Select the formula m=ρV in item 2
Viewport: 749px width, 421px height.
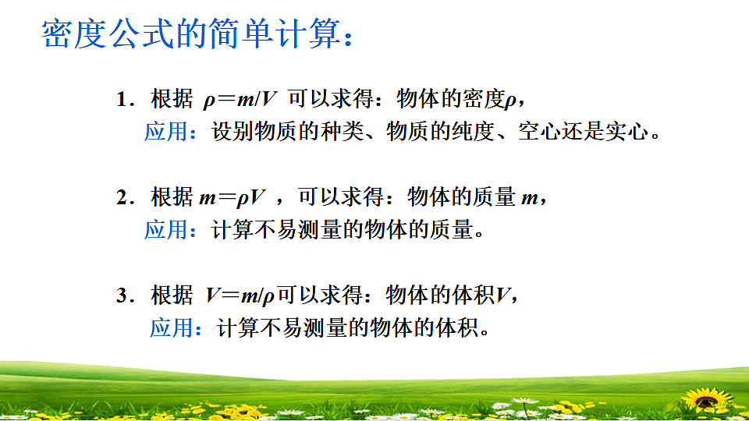point(233,198)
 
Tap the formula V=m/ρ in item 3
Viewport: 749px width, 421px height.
point(241,296)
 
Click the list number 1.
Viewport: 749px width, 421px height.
point(122,100)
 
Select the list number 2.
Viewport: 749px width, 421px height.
point(122,198)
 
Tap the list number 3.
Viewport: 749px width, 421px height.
point(122,296)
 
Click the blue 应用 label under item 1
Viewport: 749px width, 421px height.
point(165,131)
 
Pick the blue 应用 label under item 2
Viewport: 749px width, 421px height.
point(165,230)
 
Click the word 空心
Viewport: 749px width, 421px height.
point(538,131)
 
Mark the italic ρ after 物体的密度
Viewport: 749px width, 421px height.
point(511,101)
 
